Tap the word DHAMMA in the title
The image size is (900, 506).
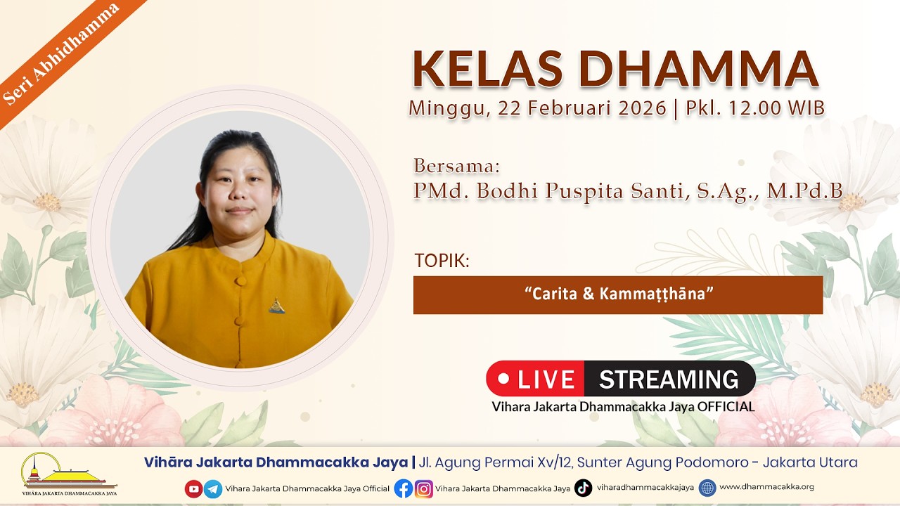point(698,69)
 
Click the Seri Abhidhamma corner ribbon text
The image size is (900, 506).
point(61,54)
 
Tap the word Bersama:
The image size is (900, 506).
point(457,165)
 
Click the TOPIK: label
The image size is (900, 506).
point(442,261)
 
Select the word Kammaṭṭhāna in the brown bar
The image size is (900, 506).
point(652,294)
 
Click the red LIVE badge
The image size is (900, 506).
point(535,379)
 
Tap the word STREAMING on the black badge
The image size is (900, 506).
point(669,379)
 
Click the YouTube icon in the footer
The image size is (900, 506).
point(193,488)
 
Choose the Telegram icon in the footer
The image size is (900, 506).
point(213,488)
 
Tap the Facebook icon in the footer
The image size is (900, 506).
point(404,488)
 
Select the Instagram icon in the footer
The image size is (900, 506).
point(423,488)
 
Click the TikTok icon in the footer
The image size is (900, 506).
point(583,488)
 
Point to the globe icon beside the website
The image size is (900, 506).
point(707,488)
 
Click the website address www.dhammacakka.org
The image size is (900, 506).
point(766,487)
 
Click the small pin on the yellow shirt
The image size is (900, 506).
point(277,306)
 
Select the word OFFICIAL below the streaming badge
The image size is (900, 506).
point(726,407)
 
